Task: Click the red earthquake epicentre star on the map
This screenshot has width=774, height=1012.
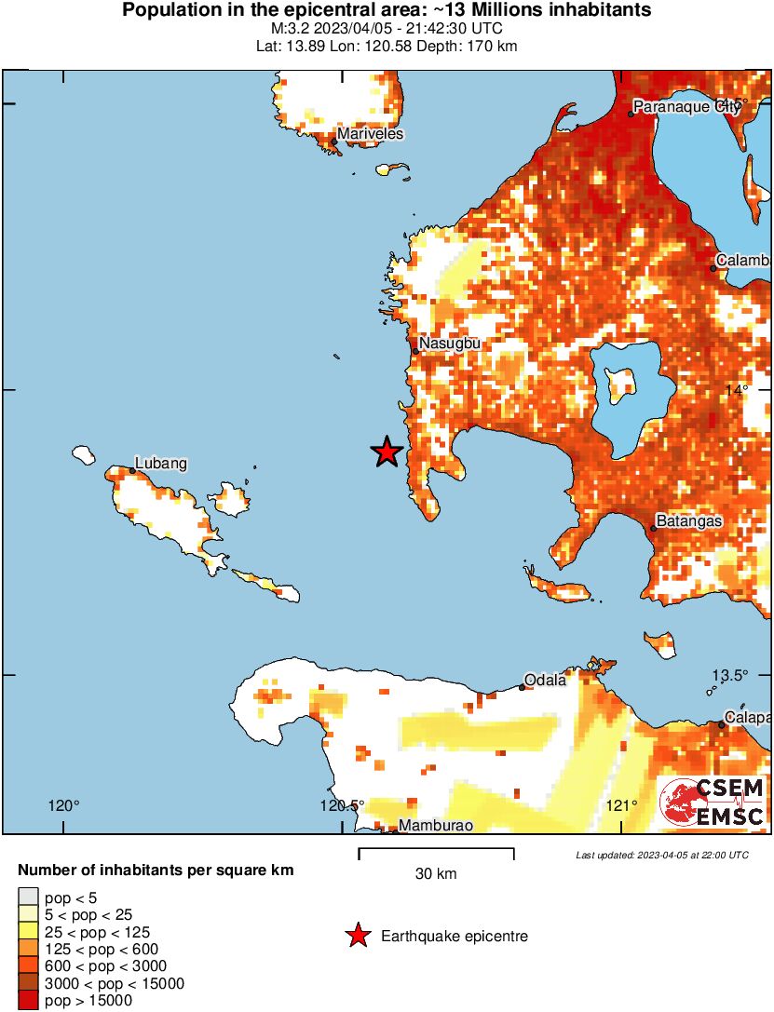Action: tap(387, 452)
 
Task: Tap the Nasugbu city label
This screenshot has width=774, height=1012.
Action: tap(449, 344)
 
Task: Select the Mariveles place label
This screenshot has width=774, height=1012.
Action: tap(370, 134)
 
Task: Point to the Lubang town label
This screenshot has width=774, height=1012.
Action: tap(161, 463)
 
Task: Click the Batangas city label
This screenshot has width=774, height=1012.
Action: tap(689, 521)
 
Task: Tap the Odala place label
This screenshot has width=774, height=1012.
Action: tap(545, 680)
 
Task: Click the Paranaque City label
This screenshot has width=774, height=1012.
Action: tap(686, 107)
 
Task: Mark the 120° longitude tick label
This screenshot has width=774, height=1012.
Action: tap(64, 805)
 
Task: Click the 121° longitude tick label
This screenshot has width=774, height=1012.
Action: tap(621, 805)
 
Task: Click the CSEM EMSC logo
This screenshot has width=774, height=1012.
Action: tap(712, 803)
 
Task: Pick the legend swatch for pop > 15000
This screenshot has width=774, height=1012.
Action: tap(28, 1000)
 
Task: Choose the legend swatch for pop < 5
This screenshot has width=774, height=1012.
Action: tap(28, 898)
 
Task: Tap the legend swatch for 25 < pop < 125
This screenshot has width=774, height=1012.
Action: tap(28, 932)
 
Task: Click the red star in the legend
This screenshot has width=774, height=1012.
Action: tap(357, 936)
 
